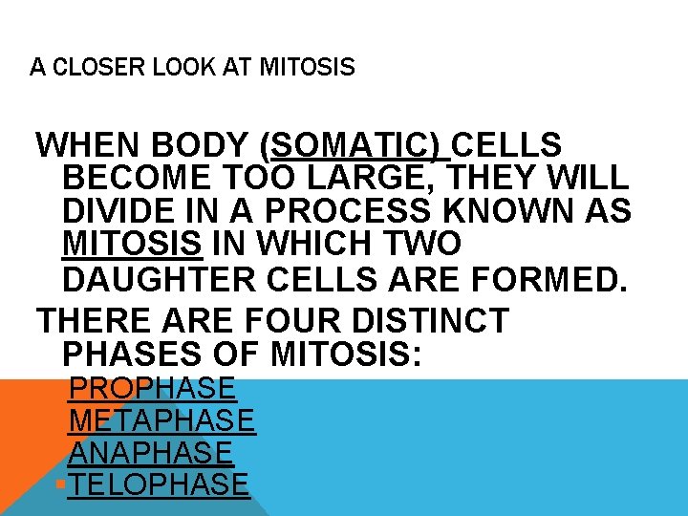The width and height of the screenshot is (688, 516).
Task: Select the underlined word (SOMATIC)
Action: [x=355, y=146]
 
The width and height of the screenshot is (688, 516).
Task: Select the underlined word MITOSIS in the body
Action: [x=133, y=244]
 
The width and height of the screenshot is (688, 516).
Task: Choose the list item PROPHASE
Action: [x=152, y=389]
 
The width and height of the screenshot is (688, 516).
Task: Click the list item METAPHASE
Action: [x=162, y=420]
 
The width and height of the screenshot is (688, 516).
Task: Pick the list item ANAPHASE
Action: [x=151, y=452]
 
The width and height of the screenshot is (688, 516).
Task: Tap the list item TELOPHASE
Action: [x=160, y=484]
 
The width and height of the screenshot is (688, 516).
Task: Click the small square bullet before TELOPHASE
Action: [x=60, y=485]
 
